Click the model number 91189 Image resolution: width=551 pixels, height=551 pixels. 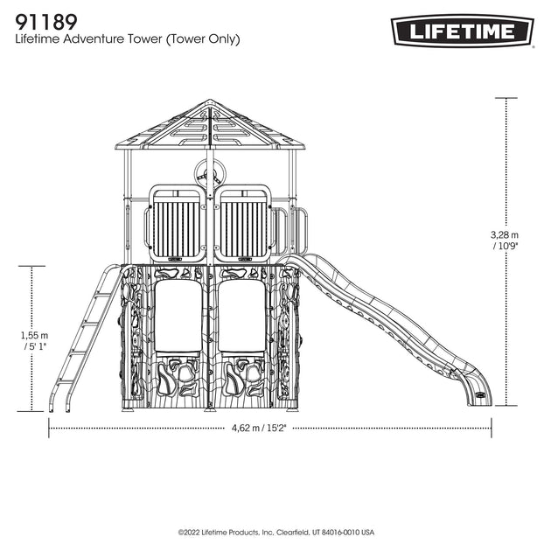pos(46,22)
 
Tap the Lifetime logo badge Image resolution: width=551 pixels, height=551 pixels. pos(462,31)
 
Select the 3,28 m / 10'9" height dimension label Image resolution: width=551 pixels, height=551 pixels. pos(505,240)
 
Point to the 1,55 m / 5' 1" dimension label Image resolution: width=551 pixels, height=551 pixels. pos(34,340)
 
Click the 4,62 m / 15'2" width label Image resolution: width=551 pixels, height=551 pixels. pos(259,428)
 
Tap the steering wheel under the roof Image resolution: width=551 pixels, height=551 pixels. pos(209,173)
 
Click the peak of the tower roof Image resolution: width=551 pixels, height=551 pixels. pos(210,101)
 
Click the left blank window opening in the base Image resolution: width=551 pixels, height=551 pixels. pos(178,316)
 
